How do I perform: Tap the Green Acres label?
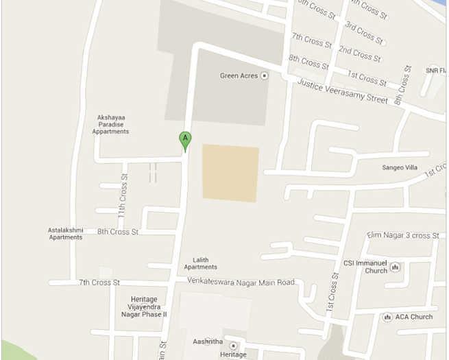point(239,75)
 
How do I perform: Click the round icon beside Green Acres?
point(265,75)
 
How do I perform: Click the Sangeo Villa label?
point(400,167)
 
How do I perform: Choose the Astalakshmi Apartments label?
point(65,234)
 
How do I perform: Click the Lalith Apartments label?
point(200,263)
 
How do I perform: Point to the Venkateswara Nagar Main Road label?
point(241,282)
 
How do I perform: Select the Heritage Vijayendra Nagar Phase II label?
point(144,307)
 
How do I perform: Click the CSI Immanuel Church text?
point(365,266)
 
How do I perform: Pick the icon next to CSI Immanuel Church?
point(396,267)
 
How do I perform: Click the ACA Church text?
point(413,317)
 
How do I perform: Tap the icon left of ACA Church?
point(387,317)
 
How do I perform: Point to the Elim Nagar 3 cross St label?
point(403,235)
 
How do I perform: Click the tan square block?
point(230,173)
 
